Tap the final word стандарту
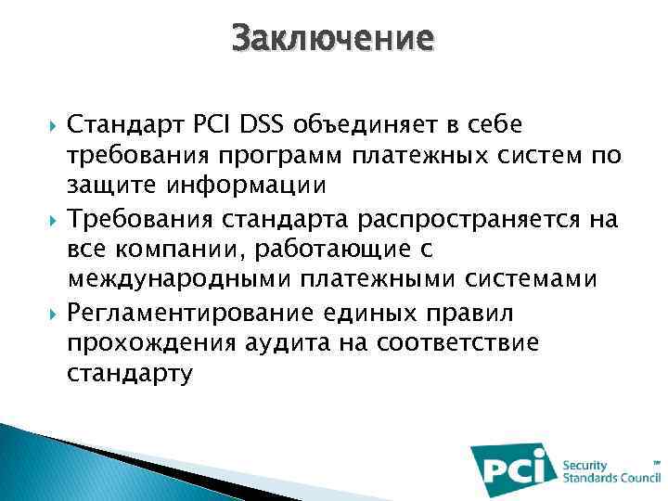129,374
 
